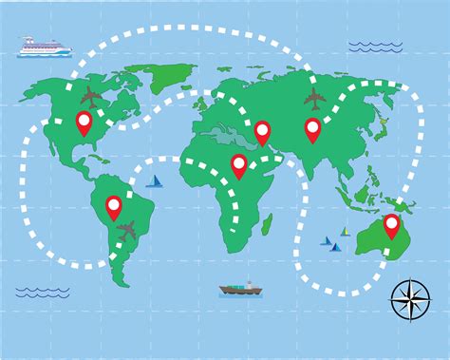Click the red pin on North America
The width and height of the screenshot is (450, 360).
(x=84, y=122)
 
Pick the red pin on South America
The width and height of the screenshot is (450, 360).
(x=114, y=206)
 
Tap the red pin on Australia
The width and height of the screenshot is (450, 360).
(x=390, y=226)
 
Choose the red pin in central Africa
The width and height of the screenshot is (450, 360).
(x=239, y=166)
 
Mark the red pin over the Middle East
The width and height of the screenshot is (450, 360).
(x=262, y=132)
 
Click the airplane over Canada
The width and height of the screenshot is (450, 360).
(x=91, y=95)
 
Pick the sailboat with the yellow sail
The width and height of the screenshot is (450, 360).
(x=345, y=231)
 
